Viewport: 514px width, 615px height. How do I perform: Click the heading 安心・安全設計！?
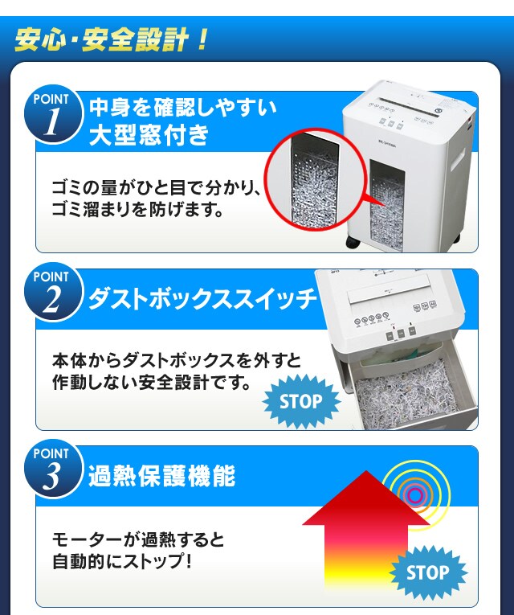pyautogui.click(x=112, y=39)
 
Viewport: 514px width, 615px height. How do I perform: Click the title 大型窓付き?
pyautogui.click(x=149, y=134)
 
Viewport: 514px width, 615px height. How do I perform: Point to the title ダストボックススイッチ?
pyautogui.click(x=202, y=301)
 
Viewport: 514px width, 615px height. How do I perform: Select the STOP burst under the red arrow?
pyautogui.click(x=427, y=572)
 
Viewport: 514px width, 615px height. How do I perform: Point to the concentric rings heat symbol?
pyautogui.click(x=414, y=494)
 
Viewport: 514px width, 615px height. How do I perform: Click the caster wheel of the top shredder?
pyautogui.click(x=352, y=244)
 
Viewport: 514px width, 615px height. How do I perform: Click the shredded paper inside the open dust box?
pyautogui.click(x=402, y=399)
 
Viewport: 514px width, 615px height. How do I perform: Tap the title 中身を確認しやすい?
pyautogui.click(x=182, y=106)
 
